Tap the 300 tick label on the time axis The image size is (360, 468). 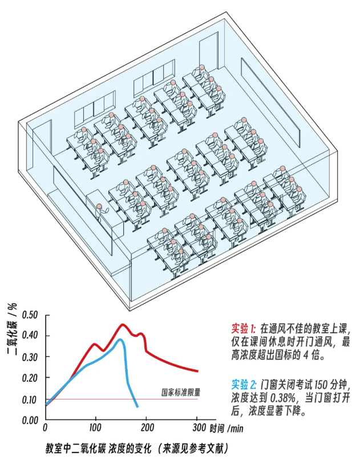pyautogui.click(x=199, y=427)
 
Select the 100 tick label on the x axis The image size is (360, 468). pyautogui.click(x=95, y=427)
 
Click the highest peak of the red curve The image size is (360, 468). pyautogui.click(x=122, y=325)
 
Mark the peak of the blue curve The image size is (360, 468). pyautogui.click(x=120, y=340)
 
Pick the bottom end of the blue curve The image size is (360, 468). pyautogui.click(x=137, y=406)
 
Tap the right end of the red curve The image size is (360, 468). pyautogui.click(x=197, y=372)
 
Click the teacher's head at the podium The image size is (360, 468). pyautogui.click(x=99, y=206)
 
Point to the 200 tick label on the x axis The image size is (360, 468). pyautogui.click(x=147, y=427)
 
